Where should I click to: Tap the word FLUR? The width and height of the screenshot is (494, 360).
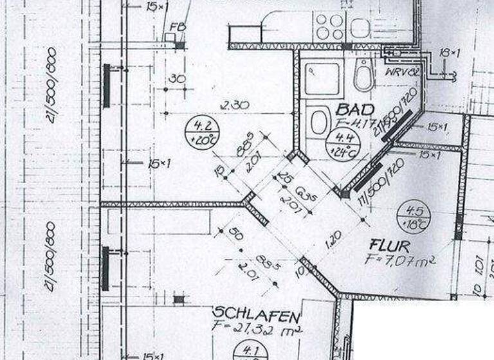tap(387, 245)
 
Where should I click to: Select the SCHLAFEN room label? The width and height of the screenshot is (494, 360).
tap(257, 316)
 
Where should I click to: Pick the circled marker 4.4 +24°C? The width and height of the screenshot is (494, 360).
tap(340, 145)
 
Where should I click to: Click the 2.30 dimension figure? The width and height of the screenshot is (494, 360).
tap(235, 104)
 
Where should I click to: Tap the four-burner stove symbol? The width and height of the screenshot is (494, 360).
tap(330, 26)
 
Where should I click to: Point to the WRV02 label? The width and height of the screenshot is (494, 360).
tap(403, 72)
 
